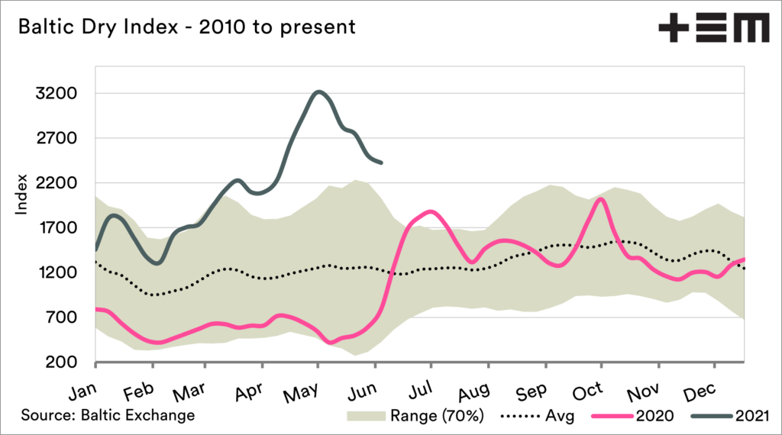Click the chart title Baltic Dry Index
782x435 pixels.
[186, 27]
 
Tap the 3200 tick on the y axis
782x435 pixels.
[57, 94]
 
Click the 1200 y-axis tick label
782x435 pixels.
[57, 272]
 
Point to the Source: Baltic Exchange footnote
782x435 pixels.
[108, 415]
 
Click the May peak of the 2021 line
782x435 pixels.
[319, 92]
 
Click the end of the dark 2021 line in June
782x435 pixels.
[381, 163]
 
